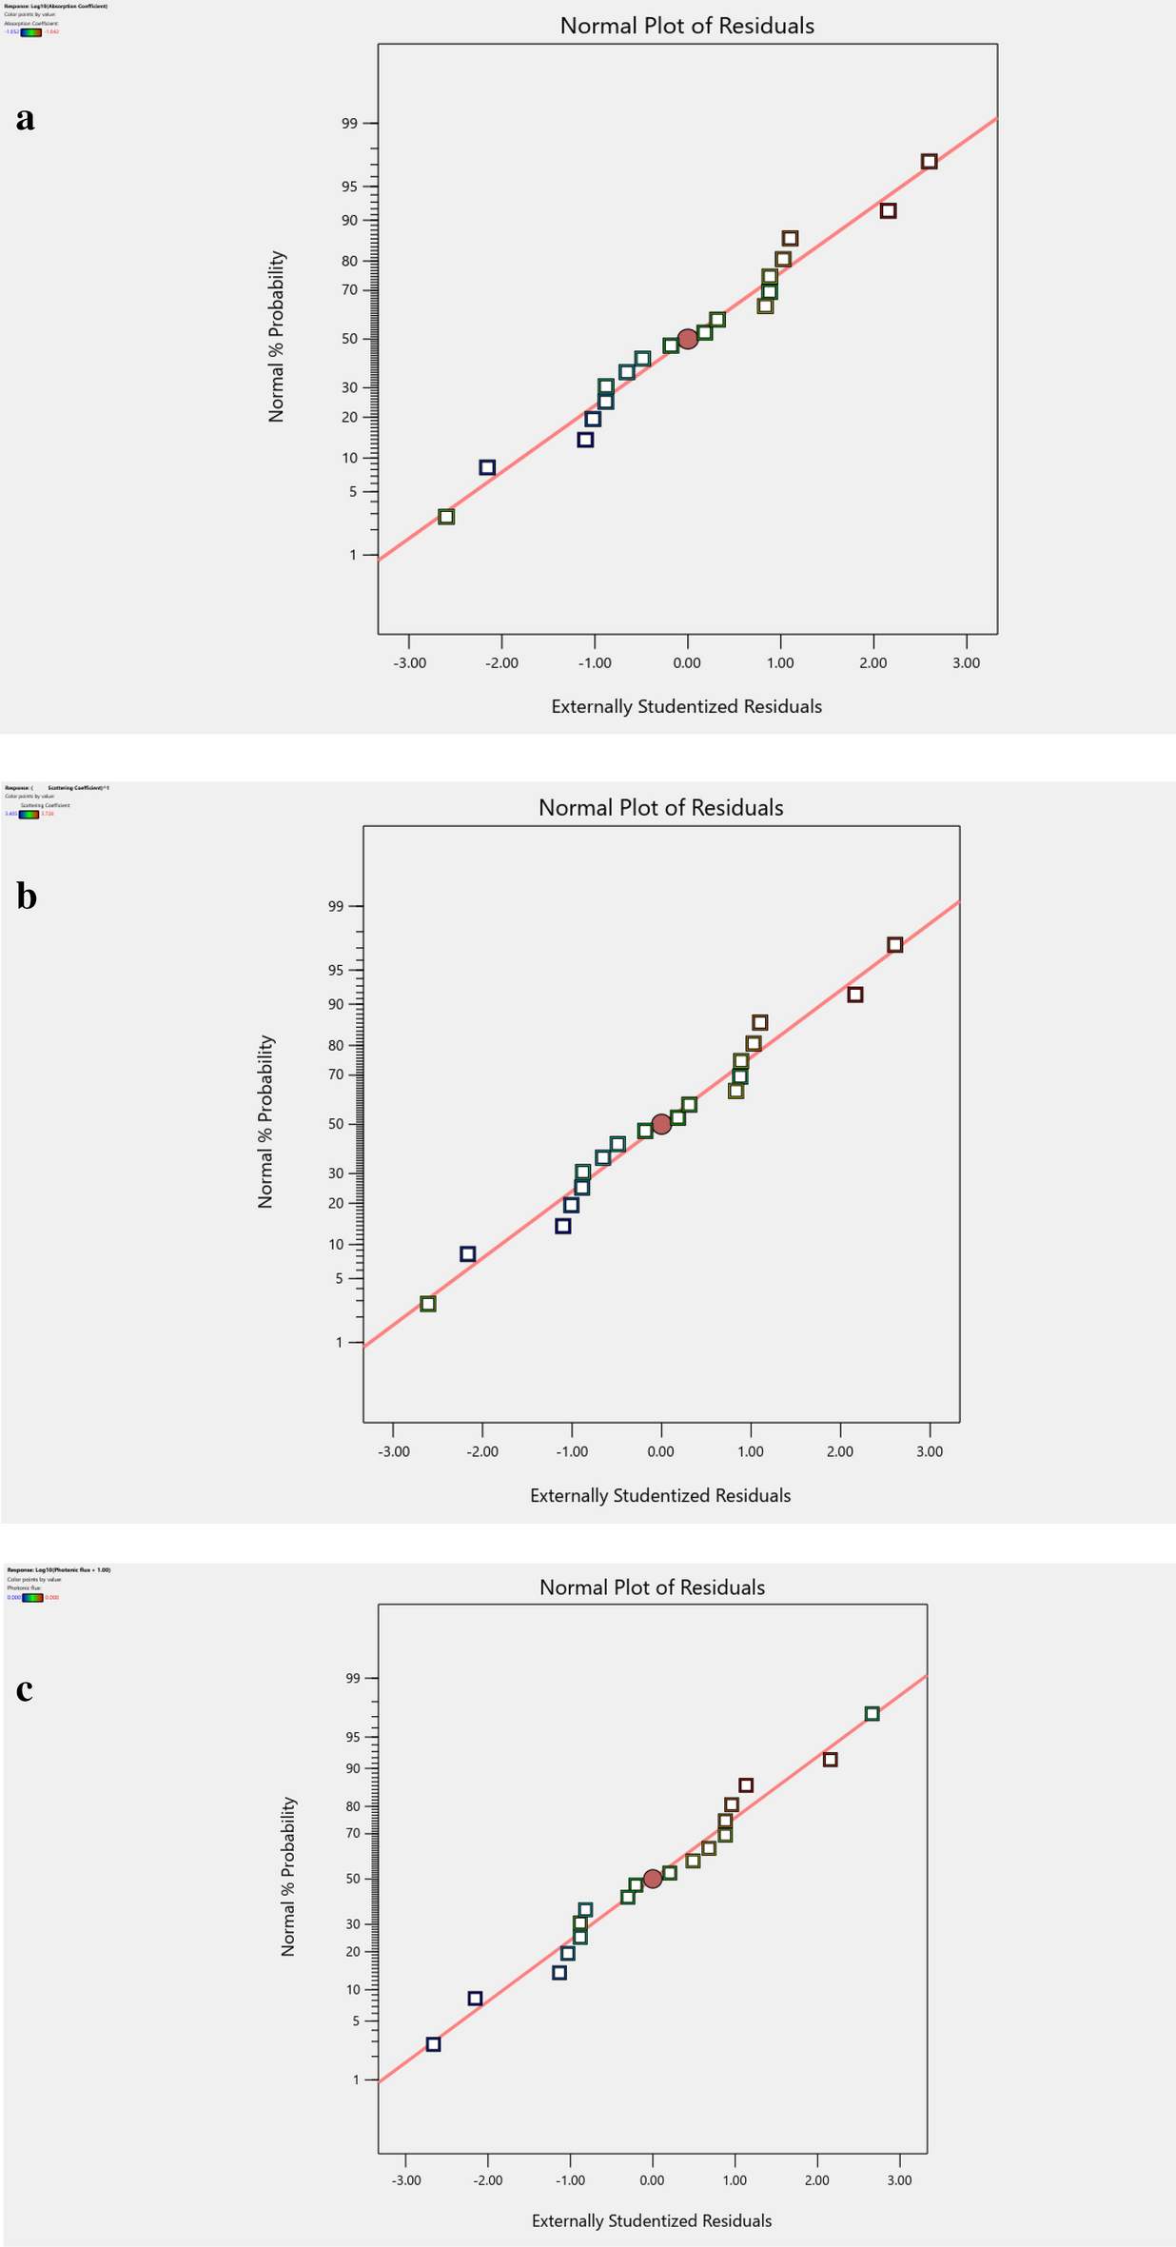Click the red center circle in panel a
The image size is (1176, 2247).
688,339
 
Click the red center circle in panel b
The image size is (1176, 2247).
662,1123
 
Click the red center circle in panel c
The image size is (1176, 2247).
653,1879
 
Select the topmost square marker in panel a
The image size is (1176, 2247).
930,162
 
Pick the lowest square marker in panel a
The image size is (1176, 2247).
446,517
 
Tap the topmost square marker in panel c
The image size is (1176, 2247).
872,1714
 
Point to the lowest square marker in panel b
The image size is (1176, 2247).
428,1304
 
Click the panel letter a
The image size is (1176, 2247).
26,118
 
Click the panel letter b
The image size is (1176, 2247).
27,897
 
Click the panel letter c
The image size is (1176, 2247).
25,1689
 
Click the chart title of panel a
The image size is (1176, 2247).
687,26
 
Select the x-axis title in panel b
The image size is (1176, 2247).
660,1495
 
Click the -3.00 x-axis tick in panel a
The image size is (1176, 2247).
409,663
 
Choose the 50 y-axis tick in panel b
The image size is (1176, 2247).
337,1124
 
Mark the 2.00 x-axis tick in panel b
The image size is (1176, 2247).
840,1451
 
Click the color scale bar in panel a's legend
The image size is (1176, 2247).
30,31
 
